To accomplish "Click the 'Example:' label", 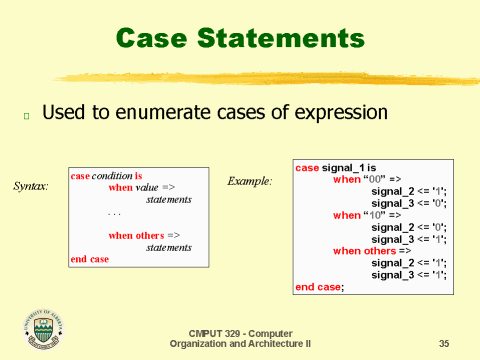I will [x=249, y=181].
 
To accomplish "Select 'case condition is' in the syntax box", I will [x=106, y=175].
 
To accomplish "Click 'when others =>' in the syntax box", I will [x=144, y=235].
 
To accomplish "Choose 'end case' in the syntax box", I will [x=89, y=259].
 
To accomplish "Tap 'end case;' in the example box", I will [x=319, y=287].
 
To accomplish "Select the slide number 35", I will [x=444, y=344].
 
